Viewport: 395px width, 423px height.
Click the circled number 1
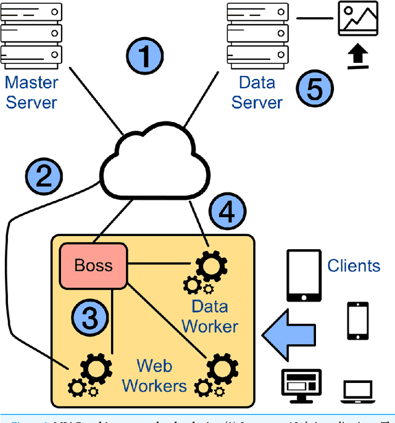(146, 57)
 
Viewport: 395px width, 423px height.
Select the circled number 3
(90, 319)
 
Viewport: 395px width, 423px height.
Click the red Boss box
(93, 265)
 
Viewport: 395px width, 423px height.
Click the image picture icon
(357, 19)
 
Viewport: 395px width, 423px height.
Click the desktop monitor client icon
(301, 385)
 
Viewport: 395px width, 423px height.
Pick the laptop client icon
(359, 390)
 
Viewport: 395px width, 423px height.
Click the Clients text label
(354, 266)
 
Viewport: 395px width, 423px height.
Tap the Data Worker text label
(209, 316)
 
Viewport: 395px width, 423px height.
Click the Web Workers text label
(154, 376)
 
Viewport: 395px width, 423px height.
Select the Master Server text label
(31, 92)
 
